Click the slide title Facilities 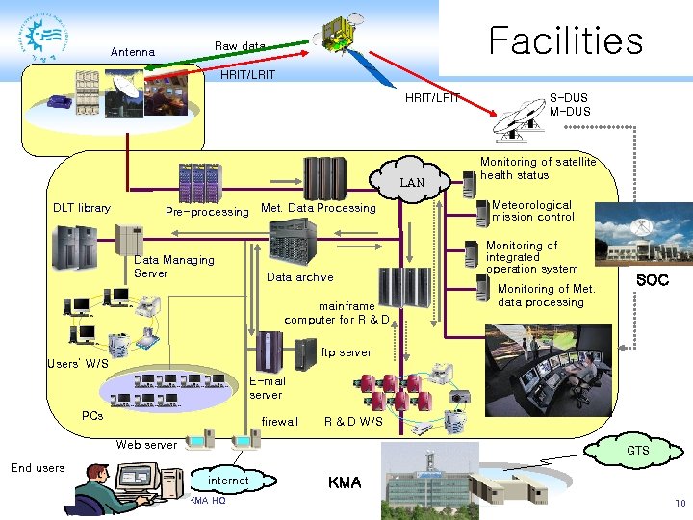click(565, 40)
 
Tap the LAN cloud click(412, 182)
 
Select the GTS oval click(638, 451)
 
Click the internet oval click(228, 481)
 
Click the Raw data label click(240, 46)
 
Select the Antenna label click(133, 52)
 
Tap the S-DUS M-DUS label click(570, 105)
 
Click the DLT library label click(82, 208)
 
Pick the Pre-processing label click(207, 212)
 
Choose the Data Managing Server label click(174, 267)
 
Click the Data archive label click(299, 277)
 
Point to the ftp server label click(346, 352)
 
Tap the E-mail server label click(268, 388)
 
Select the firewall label click(280, 422)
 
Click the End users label click(38, 468)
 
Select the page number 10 click(680, 504)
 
